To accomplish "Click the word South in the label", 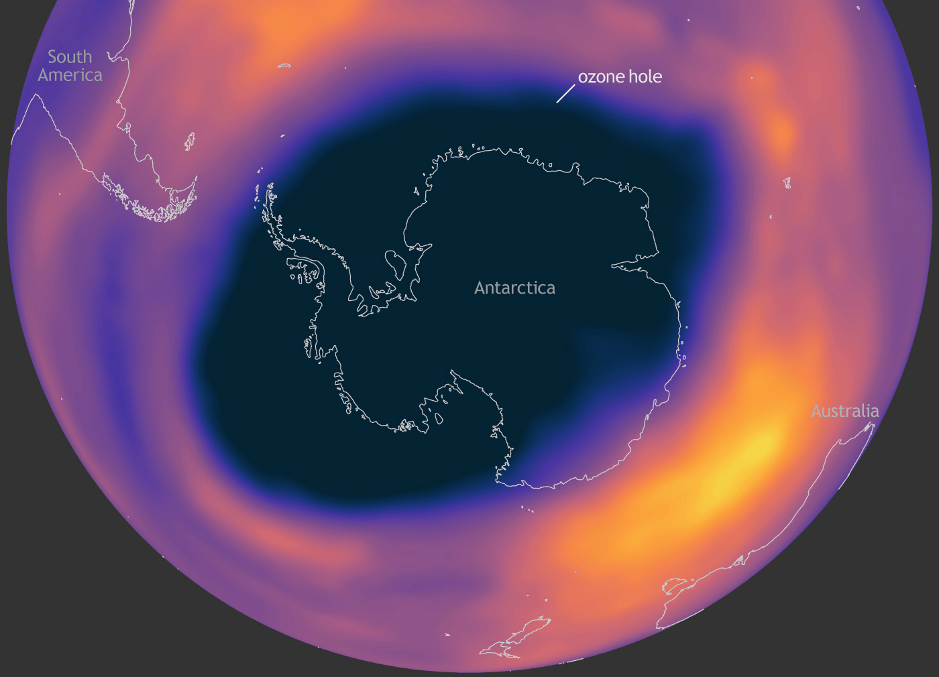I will (70, 57).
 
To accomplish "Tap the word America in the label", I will (70, 75).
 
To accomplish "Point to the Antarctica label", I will (514, 288).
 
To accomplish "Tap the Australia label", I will (844, 411).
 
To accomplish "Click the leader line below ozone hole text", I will (565, 93).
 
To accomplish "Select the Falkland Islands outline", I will (190, 141).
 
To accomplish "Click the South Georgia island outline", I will (284, 66).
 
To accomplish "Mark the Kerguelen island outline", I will (787, 182).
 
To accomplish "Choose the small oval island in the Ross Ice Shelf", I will (439, 418).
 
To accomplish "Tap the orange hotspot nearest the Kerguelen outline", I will (781, 134).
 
